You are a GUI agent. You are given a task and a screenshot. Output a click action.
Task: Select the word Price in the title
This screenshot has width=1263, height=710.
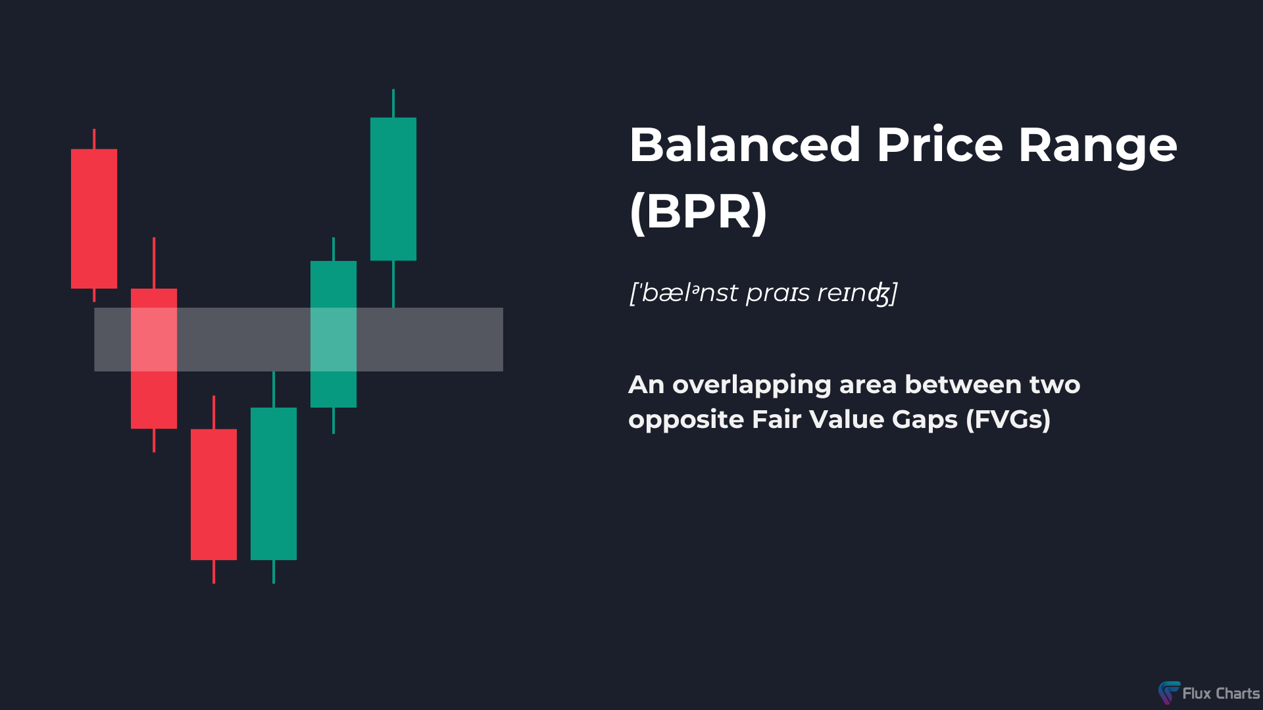coord(939,145)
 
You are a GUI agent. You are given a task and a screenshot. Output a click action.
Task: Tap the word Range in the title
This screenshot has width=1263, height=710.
coord(1097,146)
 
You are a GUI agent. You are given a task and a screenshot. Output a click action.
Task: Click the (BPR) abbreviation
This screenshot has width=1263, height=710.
coord(699,212)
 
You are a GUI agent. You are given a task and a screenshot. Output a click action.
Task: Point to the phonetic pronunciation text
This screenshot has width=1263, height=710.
coord(763,293)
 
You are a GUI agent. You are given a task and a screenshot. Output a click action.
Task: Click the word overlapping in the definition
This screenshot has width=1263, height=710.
coord(751,385)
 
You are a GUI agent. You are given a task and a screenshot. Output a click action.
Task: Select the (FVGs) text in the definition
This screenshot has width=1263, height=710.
coord(1008,419)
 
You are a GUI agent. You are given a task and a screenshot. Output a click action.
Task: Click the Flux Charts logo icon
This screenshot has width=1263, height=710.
coord(1169,692)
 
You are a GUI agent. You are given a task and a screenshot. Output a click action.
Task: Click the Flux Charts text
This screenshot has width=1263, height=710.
coord(1220,694)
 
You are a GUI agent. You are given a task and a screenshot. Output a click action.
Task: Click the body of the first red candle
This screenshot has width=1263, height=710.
coord(94,218)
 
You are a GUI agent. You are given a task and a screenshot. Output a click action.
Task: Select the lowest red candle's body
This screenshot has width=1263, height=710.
coord(214,494)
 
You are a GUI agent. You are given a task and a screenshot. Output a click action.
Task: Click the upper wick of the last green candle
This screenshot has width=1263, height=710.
coord(393,103)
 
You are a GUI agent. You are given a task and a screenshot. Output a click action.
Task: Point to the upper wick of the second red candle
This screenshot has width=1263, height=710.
coord(154,263)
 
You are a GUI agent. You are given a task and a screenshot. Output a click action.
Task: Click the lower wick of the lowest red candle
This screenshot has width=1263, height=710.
coord(214,571)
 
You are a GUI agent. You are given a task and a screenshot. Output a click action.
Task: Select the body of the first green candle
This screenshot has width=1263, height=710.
coord(274,484)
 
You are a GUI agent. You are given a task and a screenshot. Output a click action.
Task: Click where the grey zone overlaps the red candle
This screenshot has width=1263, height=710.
coord(154,339)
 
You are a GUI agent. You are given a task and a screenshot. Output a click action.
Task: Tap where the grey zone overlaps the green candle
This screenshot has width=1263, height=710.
coord(334,339)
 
